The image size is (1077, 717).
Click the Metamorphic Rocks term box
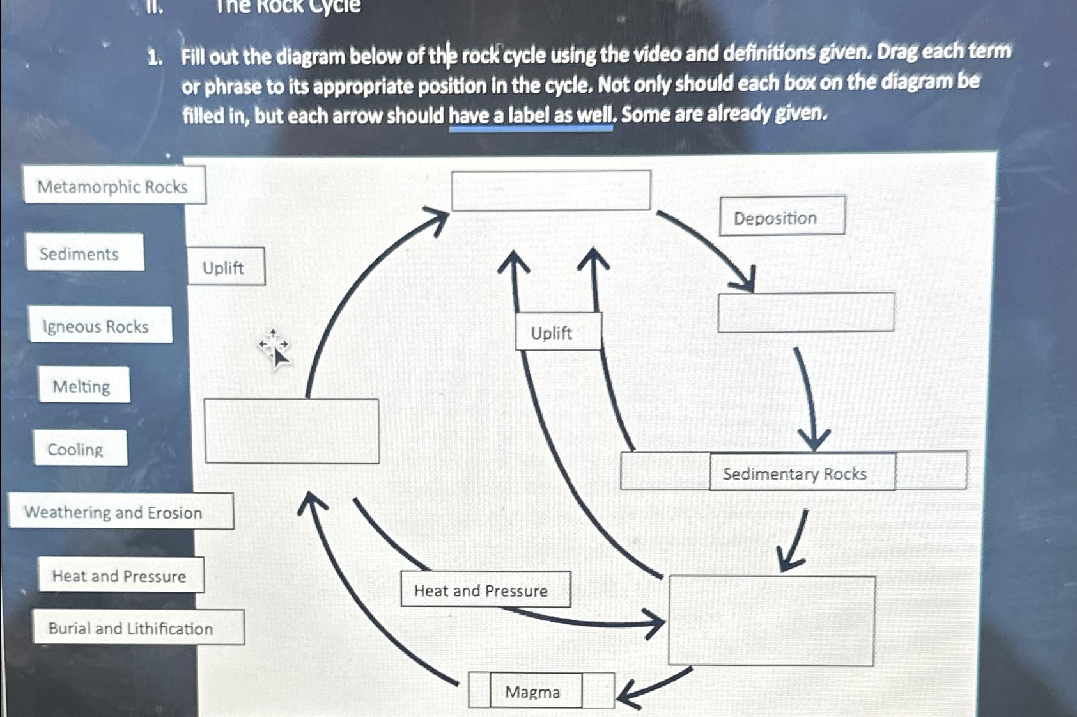(114, 186)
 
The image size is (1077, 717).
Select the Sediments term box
(84, 253)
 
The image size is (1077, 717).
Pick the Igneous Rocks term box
(100, 326)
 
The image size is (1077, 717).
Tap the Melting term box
(84, 386)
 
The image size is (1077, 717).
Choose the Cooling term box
(80, 449)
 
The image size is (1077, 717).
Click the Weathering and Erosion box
(120, 512)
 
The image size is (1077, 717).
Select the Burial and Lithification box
(137, 628)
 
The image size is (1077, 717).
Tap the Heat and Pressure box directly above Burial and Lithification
(120, 576)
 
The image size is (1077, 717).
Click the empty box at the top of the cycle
(550, 191)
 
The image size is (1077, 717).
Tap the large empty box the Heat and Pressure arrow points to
(771, 620)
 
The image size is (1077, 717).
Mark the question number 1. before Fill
(154, 58)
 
